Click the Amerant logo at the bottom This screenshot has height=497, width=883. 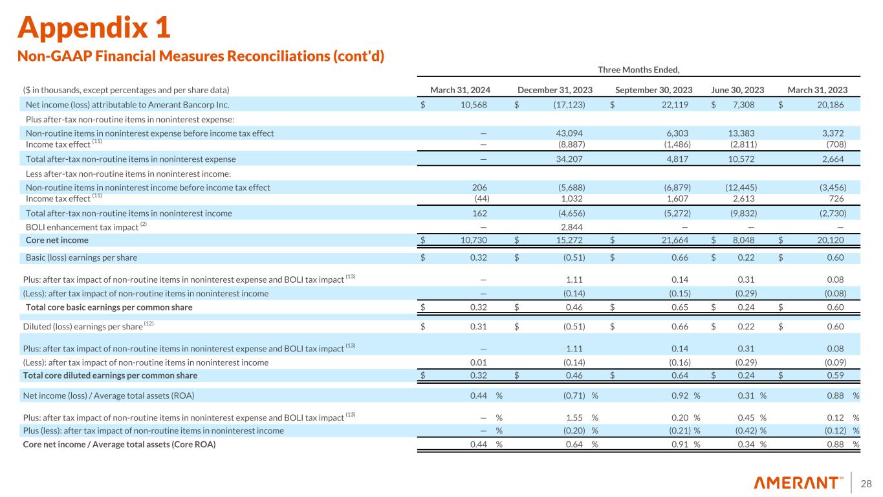[x=798, y=483]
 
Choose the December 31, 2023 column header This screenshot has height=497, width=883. [x=556, y=90]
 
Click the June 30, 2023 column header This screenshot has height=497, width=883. [x=738, y=90]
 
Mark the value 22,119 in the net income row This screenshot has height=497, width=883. [x=674, y=105]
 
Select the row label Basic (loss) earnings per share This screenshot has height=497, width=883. [x=82, y=258]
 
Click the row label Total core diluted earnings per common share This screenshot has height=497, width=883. [x=111, y=375]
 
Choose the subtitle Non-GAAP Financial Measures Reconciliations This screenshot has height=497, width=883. [x=201, y=56]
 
